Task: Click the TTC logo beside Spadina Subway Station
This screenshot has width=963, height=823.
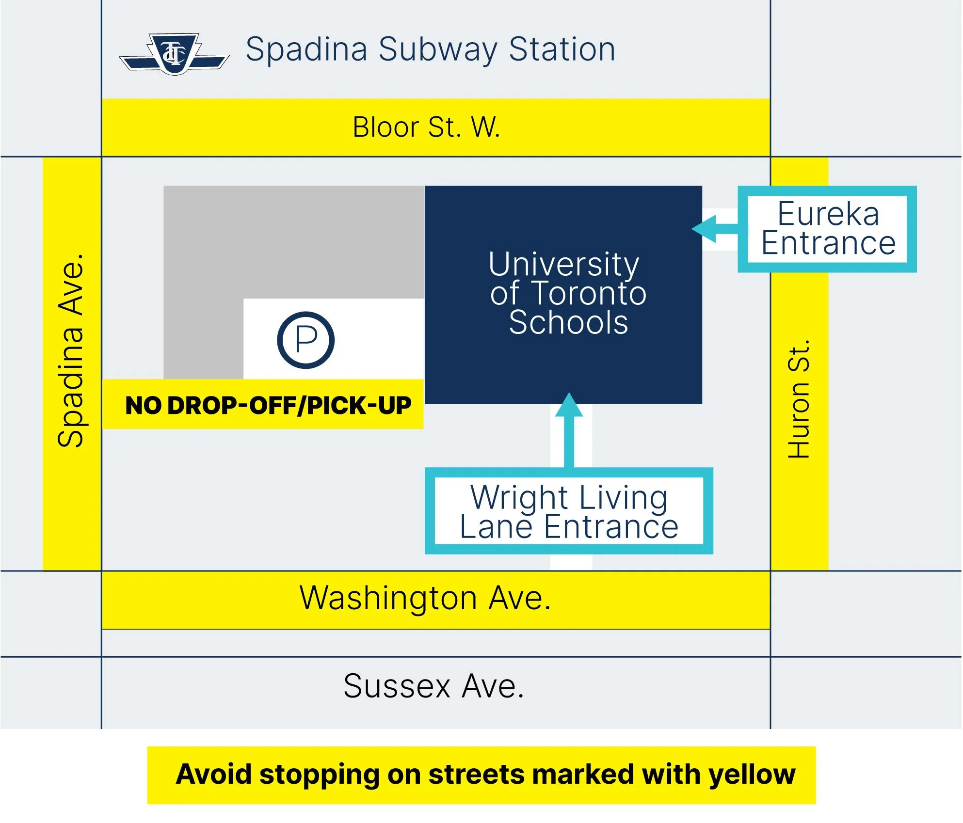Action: point(174,54)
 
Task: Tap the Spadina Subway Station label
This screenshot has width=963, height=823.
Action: point(431,49)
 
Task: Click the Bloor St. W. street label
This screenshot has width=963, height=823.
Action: point(426,127)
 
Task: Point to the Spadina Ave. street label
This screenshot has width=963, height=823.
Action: point(71,350)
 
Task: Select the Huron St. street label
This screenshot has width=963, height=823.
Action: point(798,398)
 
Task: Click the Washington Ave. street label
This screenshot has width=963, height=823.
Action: point(425,598)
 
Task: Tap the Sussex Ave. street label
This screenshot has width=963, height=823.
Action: point(434,686)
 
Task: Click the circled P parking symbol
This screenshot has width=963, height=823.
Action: point(305,340)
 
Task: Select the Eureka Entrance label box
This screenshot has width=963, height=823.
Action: point(827,229)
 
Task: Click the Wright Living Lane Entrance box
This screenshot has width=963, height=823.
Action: point(569,511)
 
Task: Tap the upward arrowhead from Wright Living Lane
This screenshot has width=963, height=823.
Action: point(569,405)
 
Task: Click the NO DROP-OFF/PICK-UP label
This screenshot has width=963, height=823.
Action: point(268,405)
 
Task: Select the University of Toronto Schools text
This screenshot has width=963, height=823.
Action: point(567,293)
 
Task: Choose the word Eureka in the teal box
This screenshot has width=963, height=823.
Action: point(828,214)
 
